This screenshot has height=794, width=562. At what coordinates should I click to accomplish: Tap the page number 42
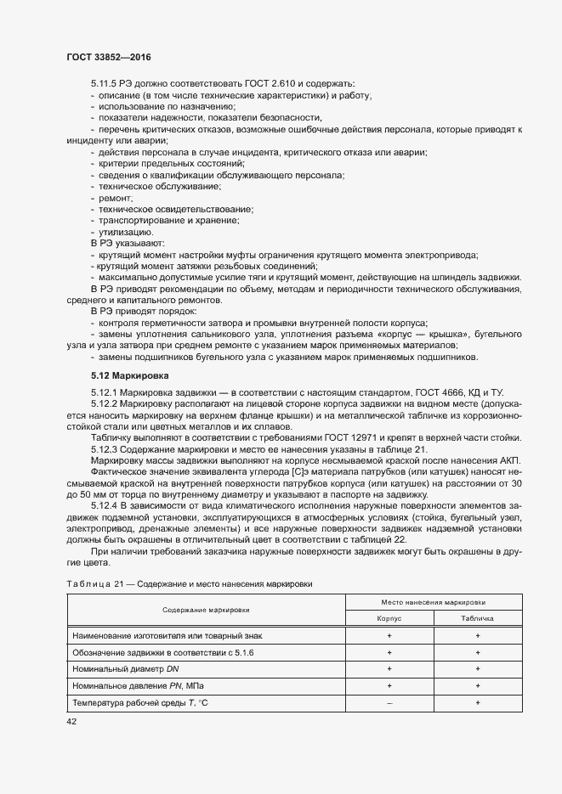(x=71, y=722)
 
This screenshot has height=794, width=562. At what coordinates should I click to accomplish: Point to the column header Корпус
(x=389, y=619)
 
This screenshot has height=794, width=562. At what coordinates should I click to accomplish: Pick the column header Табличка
(x=478, y=619)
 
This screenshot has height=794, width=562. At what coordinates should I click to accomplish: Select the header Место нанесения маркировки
(x=434, y=601)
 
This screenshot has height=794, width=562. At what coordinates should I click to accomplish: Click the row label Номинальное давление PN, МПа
(x=139, y=686)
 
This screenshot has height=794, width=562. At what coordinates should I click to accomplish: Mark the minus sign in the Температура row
(x=389, y=703)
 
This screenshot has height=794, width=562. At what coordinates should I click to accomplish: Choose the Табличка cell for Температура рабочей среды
(x=478, y=703)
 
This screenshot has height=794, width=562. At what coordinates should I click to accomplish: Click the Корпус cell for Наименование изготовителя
(x=389, y=635)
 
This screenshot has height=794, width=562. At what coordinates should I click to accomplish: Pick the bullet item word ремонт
(x=116, y=197)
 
